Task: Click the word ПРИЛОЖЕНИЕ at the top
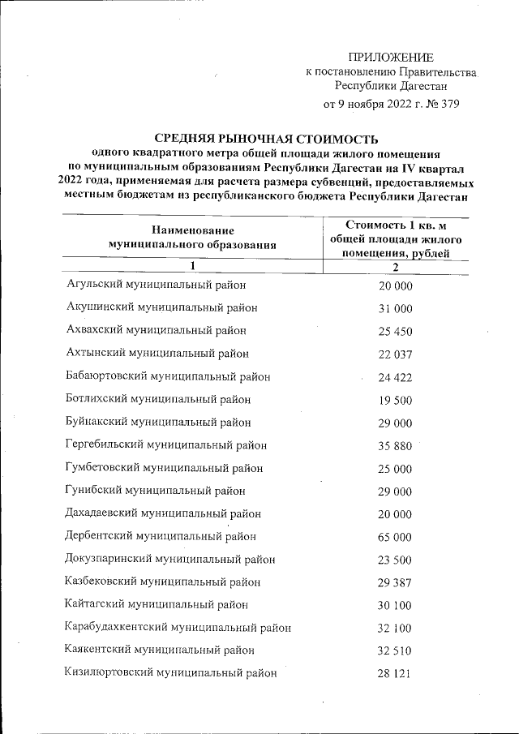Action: (391, 57)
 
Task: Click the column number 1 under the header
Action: (192, 266)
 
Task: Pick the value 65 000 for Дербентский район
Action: (396, 537)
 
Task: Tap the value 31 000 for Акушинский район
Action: (396, 309)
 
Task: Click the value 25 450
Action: (396, 332)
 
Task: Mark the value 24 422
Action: (396, 377)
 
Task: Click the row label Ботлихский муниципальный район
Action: (158, 400)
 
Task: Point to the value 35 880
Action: (396, 446)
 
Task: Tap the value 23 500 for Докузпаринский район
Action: (396, 560)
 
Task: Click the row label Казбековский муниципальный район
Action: (163, 582)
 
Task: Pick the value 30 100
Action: (396, 605)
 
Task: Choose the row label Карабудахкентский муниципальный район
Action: (178, 627)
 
